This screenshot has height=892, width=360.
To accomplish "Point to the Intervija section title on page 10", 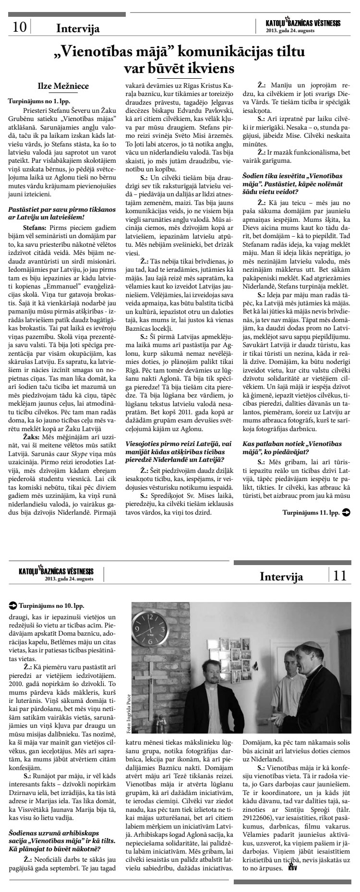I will tap(78, 28).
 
